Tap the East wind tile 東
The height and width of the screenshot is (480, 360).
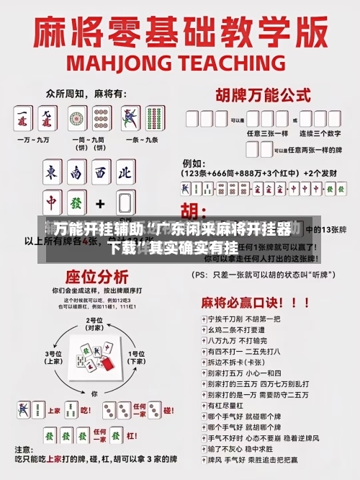point(53,173)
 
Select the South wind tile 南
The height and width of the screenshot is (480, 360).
point(77,173)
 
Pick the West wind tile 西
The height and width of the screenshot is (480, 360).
point(102,173)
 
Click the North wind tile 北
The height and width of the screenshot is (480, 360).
point(125,173)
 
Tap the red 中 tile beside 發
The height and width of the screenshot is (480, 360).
point(53,202)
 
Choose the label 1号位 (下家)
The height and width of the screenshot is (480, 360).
point(136,357)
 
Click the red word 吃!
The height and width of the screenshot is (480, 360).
point(86,410)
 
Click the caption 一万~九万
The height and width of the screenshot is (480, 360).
point(35,138)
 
